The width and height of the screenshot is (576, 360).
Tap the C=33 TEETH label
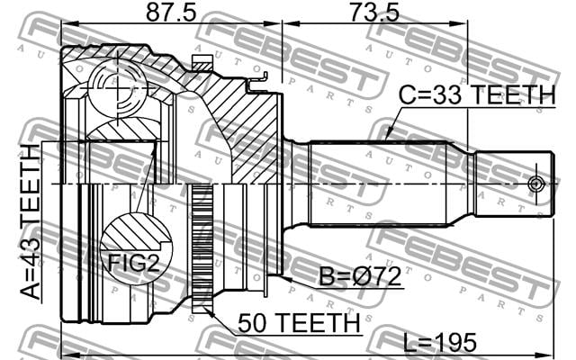(477, 94)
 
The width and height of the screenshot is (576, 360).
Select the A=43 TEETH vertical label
(30, 221)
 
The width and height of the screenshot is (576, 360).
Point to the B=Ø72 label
(360, 276)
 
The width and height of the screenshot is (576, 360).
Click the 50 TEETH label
(299, 322)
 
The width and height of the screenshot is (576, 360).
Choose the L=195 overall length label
(440, 342)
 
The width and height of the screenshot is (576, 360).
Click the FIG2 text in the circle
(133, 263)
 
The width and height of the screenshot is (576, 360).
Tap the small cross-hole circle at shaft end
(535, 184)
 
